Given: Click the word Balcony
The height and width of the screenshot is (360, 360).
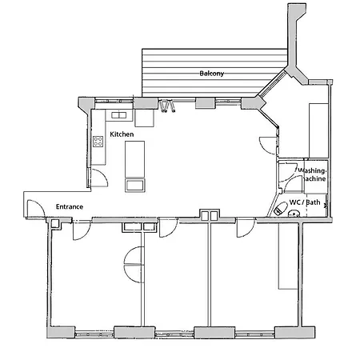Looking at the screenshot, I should click(x=212, y=74).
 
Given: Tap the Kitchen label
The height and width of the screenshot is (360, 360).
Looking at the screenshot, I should click(x=122, y=134).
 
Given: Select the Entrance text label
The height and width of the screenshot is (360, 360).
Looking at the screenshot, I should click(x=70, y=206).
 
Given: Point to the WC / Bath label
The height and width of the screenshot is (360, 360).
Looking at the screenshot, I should click(x=305, y=202).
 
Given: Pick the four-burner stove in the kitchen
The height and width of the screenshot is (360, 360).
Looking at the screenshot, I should click(x=99, y=143).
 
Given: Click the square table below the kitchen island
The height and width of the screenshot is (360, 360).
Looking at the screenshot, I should click(x=134, y=185).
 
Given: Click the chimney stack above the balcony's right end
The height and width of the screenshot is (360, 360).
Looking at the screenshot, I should click(x=295, y=40).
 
